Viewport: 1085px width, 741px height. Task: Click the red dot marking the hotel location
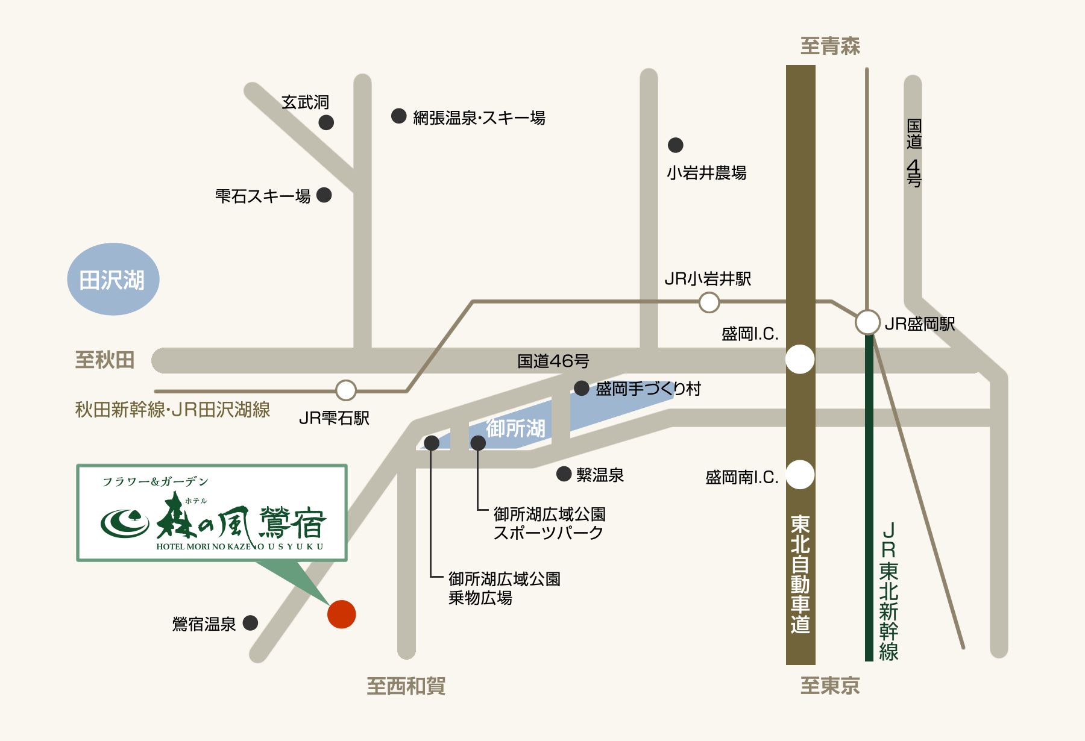(342, 614)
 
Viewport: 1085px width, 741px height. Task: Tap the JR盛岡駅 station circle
(867, 322)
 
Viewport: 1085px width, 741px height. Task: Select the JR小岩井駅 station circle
(709, 302)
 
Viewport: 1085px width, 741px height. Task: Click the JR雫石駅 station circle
(346, 390)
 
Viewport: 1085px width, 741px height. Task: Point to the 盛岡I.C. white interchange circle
(800, 360)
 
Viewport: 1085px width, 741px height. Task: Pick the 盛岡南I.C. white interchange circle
(800, 475)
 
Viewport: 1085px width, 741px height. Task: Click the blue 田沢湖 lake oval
(113, 280)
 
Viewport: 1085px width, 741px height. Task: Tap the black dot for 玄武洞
(326, 123)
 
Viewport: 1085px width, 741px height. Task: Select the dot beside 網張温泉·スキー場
(398, 116)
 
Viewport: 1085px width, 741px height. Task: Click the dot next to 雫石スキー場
(324, 195)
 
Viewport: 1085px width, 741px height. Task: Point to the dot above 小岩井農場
(676, 145)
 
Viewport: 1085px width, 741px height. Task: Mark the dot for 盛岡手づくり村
(582, 389)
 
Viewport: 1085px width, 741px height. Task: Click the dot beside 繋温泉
(564, 474)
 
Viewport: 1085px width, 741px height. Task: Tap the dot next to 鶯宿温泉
(250, 623)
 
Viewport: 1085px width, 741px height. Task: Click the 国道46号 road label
(553, 361)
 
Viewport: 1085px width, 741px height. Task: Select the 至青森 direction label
(830, 46)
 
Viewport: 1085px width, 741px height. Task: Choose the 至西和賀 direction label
(406, 686)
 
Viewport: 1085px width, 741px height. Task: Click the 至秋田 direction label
(105, 360)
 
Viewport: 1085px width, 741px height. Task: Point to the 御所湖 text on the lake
(515, 429)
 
